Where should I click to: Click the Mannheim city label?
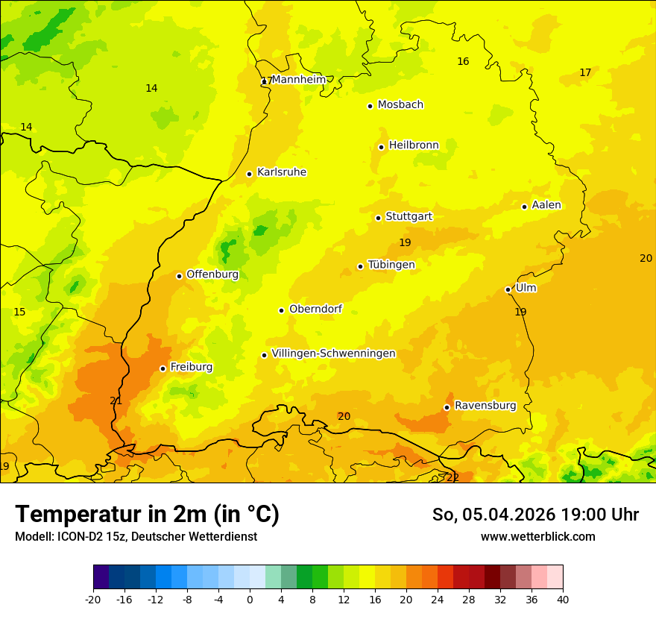click(x=298, y=80)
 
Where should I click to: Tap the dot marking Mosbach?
click(x=370, y=106)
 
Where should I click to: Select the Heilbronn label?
click(x=413, y=145)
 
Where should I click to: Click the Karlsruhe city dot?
click(x=249, y=174)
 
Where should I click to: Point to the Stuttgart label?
click(x=409, y=217)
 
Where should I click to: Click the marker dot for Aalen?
click(x=524, y=207)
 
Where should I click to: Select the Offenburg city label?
click(x=212, y=274)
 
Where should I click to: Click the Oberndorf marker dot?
click(x=281, y=310)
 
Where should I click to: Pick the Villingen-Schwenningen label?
click(x=333, y=354)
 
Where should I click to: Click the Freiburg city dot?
click(x=163, y=368)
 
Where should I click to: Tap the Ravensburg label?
click(x=485, y=406)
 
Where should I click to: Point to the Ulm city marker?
click(x=508, y=289)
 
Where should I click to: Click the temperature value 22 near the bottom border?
click(x=452, y=477)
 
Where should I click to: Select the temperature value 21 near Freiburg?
click(x=116, y=400)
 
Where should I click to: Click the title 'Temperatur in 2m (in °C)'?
click(x=147, y=515)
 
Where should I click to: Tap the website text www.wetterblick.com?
click(x=537, y=537)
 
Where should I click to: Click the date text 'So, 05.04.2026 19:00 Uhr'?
click(x=535, y=515)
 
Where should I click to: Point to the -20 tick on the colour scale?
click(x=93, y=599)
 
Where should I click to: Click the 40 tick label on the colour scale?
click(x=563, y=599)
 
